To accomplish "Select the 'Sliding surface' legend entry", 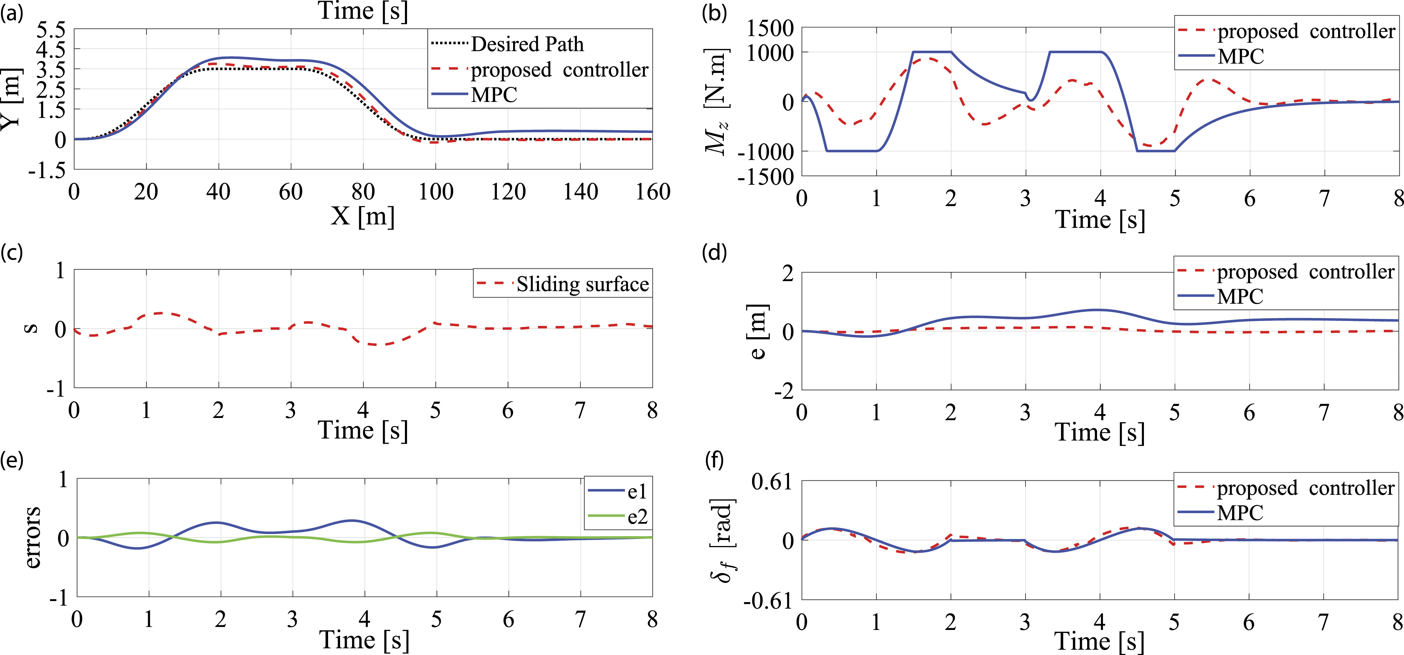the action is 562,284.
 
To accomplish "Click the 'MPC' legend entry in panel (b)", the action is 1221,56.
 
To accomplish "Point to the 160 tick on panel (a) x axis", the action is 652,192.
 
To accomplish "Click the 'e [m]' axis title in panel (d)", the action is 758,332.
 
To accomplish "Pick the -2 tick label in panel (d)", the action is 784,391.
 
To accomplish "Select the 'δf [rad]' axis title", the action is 724,540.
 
